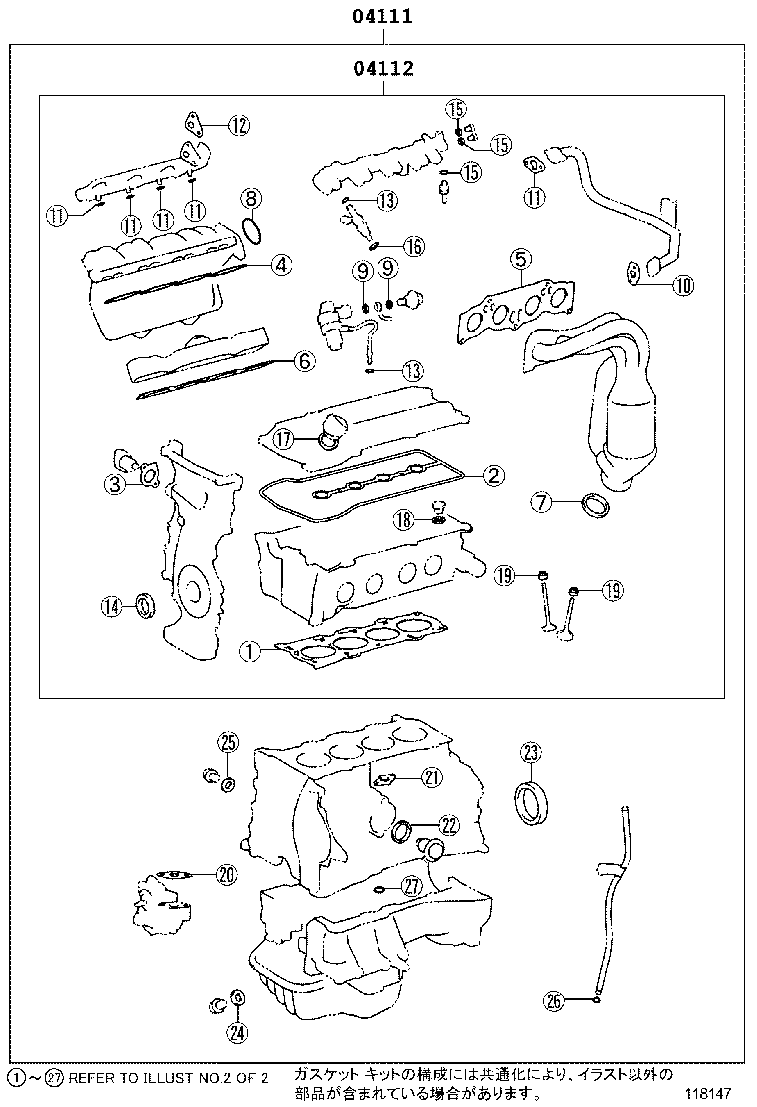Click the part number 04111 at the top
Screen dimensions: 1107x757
coord(381,16)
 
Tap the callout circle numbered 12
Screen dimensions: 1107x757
coord(238,125)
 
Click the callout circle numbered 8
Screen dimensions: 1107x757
coord(251,198)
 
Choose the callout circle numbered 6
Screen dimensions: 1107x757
coord(304,362)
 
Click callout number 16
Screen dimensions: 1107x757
coord(413,246)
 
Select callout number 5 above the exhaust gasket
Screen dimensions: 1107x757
coord(519,260)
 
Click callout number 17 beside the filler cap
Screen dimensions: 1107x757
coord(283,437)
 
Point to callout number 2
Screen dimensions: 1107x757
coord(492,475)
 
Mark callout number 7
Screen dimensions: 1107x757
coord(541,503)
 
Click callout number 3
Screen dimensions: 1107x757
coord(116,485)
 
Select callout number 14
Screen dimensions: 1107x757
coord(111,605)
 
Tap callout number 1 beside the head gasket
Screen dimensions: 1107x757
coord(249,652)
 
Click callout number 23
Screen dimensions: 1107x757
coord(530,752)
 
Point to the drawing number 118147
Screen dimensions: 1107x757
coord(717,1093)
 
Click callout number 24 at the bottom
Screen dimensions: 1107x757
coord(236,1032)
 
